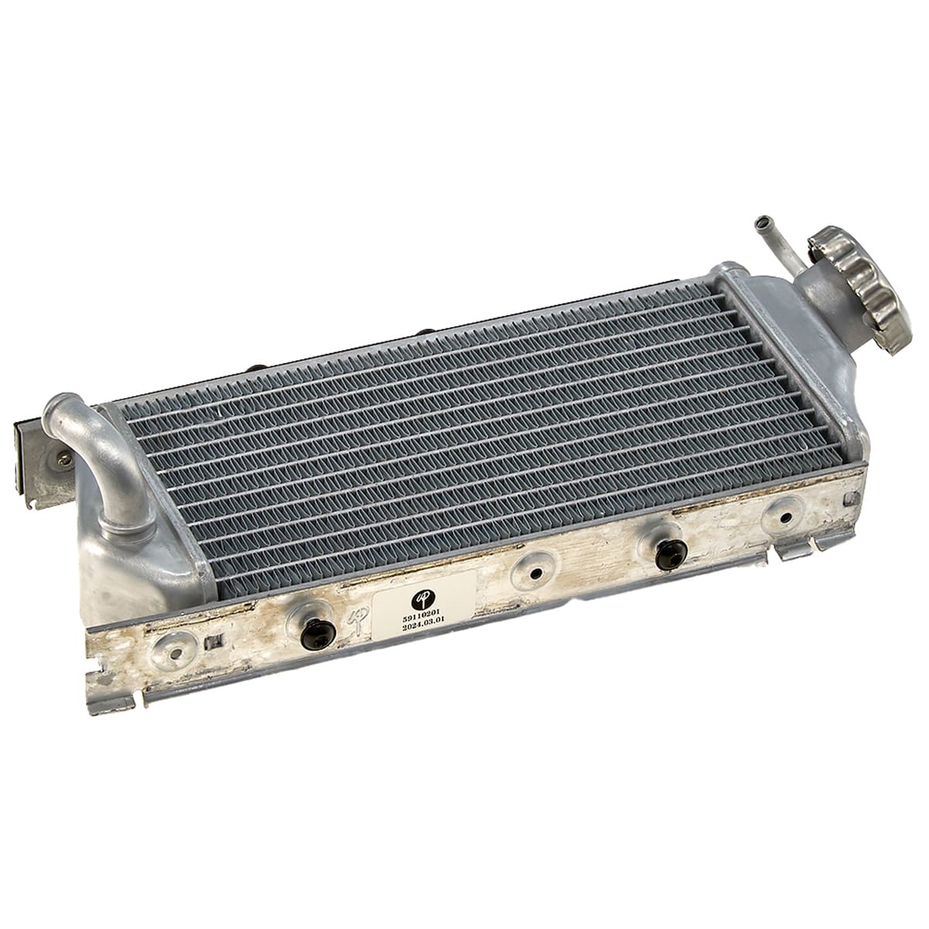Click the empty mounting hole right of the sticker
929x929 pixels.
click(533, 573)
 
